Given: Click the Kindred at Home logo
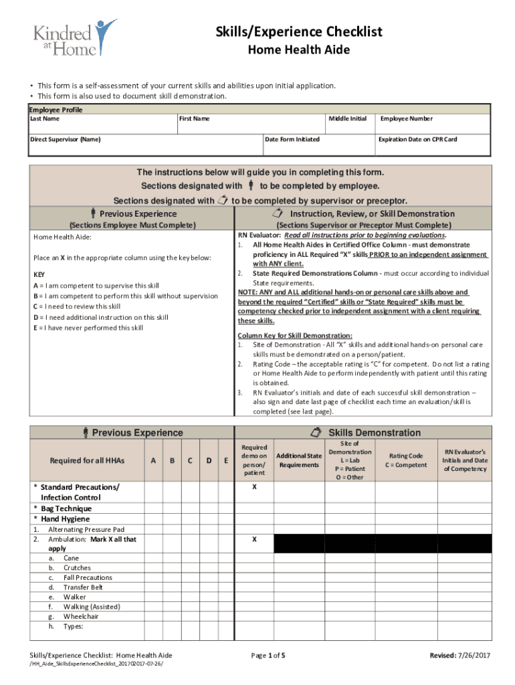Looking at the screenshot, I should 74,37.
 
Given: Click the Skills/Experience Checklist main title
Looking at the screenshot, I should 299,32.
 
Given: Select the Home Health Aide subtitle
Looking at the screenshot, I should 299,50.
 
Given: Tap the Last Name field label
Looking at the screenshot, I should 45,118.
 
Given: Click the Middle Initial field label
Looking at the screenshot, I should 347,118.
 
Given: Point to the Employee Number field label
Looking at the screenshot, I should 406,118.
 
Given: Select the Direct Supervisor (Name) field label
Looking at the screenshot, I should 66,139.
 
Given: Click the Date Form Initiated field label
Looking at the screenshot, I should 292,139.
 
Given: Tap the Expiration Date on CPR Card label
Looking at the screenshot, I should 417,139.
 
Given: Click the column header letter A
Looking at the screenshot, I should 153,460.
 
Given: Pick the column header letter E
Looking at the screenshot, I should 227,460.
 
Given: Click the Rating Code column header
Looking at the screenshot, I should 406,460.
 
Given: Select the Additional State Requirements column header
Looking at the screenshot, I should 299,460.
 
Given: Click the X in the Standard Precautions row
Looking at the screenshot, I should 253,488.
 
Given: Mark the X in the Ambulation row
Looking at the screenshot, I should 253,539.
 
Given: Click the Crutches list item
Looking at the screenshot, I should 77,567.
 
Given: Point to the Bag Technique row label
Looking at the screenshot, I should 66,508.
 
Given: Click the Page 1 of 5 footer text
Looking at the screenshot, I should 268,656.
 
